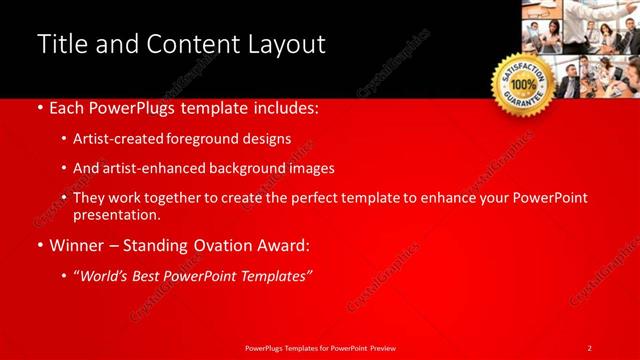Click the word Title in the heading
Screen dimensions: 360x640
[59, 44]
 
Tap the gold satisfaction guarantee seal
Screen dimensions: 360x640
[522, 84]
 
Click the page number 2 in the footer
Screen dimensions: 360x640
[590, 348]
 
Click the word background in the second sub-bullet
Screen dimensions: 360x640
[250, 168]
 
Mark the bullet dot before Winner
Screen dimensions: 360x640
[39, 245]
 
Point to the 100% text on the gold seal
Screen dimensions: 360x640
[522, 85]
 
